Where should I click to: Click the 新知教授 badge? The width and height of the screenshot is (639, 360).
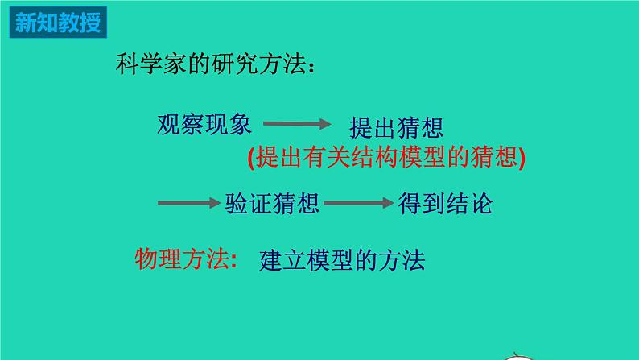coord(58,22)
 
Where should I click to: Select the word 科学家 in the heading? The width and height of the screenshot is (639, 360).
coord(151,64)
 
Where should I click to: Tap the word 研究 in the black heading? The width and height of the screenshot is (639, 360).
coord(235,64)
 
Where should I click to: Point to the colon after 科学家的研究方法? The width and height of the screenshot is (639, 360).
coord(311,68)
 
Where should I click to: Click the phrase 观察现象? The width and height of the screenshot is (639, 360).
coord(204,124)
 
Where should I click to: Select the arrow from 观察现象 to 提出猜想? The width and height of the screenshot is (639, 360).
coord(297,123)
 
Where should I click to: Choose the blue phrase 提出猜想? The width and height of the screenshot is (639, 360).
coord(396,127)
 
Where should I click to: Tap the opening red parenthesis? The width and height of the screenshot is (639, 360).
coord(251,157)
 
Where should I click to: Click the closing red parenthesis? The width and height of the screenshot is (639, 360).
coord(522,157)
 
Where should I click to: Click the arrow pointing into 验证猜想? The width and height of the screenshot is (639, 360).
coord(189,203)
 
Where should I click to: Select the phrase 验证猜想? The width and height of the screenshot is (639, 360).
coord(272,204)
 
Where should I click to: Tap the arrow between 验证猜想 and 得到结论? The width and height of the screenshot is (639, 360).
coord(359,203)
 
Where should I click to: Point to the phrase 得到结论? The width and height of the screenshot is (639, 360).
coord(445,204)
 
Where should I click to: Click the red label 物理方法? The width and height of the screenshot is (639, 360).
coord(182,259)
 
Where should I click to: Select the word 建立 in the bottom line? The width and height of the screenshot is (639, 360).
coord(282,260)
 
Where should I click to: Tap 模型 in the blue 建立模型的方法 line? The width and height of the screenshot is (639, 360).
coord(331,260)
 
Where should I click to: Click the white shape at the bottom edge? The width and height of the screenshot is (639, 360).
coord(517,357)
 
